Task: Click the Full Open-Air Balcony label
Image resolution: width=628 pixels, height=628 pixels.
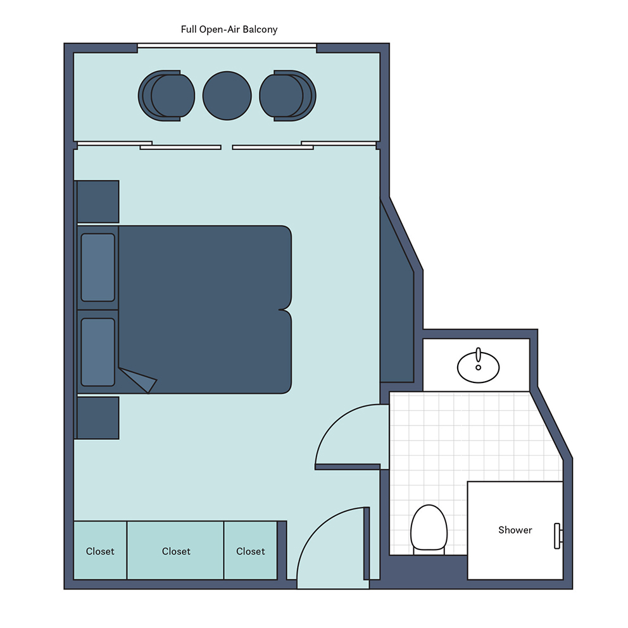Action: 229,30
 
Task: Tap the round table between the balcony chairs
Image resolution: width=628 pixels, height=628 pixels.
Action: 227,96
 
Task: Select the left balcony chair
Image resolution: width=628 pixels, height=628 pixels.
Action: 166,96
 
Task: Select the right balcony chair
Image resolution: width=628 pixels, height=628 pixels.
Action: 287,96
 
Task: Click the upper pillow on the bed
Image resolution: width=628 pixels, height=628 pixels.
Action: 97,267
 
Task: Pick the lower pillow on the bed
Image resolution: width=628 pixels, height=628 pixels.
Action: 97,352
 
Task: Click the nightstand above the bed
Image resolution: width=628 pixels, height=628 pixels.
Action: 97,201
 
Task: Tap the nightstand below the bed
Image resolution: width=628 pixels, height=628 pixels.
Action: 97,418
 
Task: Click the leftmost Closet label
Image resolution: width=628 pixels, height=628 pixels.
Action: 100,551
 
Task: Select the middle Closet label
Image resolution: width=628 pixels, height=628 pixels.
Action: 176,551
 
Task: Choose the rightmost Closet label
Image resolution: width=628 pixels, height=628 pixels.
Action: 251,551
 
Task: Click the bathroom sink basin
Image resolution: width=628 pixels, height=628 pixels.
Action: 478,367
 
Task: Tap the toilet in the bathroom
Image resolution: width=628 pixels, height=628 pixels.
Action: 429,529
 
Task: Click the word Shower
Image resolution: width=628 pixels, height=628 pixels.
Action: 515,531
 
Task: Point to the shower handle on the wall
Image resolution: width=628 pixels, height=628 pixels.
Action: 558,536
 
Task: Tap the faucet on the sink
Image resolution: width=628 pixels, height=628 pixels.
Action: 478,356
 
